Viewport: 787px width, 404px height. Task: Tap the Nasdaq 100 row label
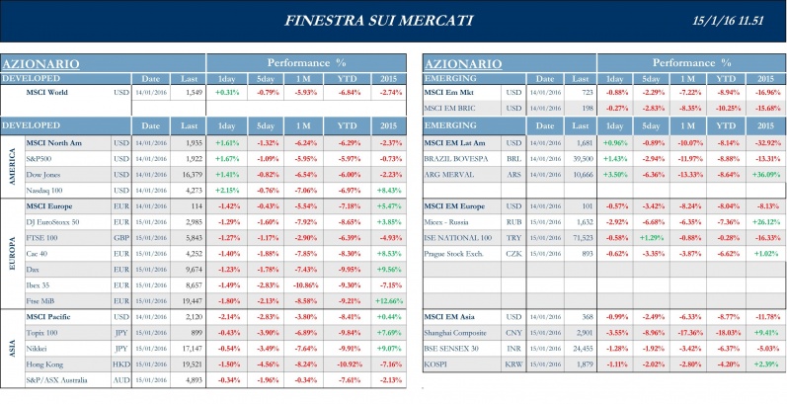43,189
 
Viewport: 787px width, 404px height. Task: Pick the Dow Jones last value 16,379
188,173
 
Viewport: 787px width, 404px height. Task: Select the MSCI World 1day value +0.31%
227,92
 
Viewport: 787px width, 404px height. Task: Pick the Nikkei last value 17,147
188,347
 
